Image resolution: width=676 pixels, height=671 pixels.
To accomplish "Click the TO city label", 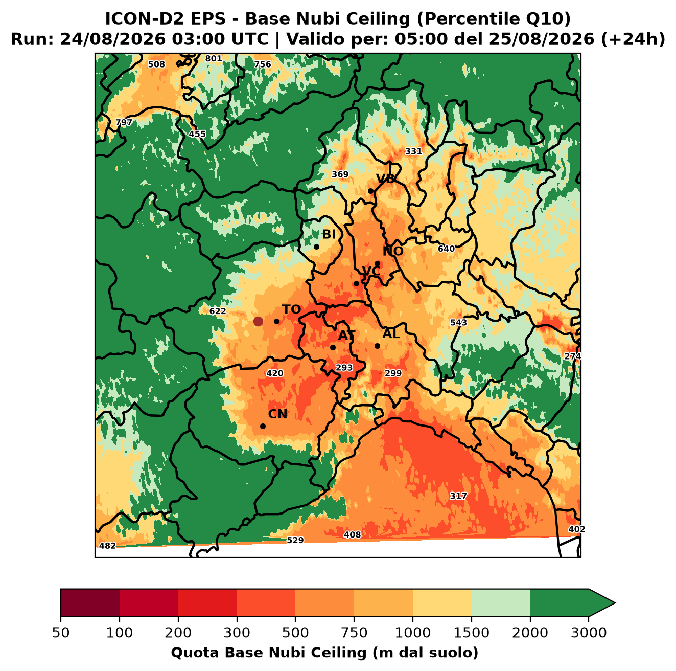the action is click(292, 309).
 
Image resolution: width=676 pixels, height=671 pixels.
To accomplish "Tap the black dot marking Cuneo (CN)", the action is click(263, 426).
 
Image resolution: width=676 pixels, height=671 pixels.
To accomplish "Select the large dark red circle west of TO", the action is click(258, 321).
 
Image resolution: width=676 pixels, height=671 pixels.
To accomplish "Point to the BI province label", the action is click(329, 234).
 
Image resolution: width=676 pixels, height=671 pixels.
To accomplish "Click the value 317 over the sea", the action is click(458, 496).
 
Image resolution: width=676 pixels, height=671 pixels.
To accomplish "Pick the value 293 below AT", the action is click(344, 368).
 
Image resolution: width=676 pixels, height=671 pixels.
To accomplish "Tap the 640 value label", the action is click(446, 249).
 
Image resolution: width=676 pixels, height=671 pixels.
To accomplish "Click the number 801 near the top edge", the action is click(213, 58).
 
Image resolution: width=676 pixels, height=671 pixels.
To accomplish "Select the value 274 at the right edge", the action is click(572, 356).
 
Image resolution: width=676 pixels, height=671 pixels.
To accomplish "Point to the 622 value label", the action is click(218, 311).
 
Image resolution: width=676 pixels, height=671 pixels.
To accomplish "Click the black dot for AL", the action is click(377, 346).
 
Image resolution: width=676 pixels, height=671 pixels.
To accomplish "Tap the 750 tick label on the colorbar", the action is click(354, 633).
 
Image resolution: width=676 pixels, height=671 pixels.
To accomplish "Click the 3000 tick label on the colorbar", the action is click(589, 633).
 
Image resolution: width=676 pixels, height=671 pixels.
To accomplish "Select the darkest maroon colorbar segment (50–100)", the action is click(90, 603).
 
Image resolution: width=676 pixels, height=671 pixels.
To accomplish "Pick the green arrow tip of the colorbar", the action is click(615, 603).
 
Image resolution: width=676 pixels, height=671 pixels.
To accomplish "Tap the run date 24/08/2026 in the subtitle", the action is click(112, 39).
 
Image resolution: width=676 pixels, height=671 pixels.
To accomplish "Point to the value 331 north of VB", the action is click(413, 151).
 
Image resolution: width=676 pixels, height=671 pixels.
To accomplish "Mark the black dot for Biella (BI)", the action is click(316, 247).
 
